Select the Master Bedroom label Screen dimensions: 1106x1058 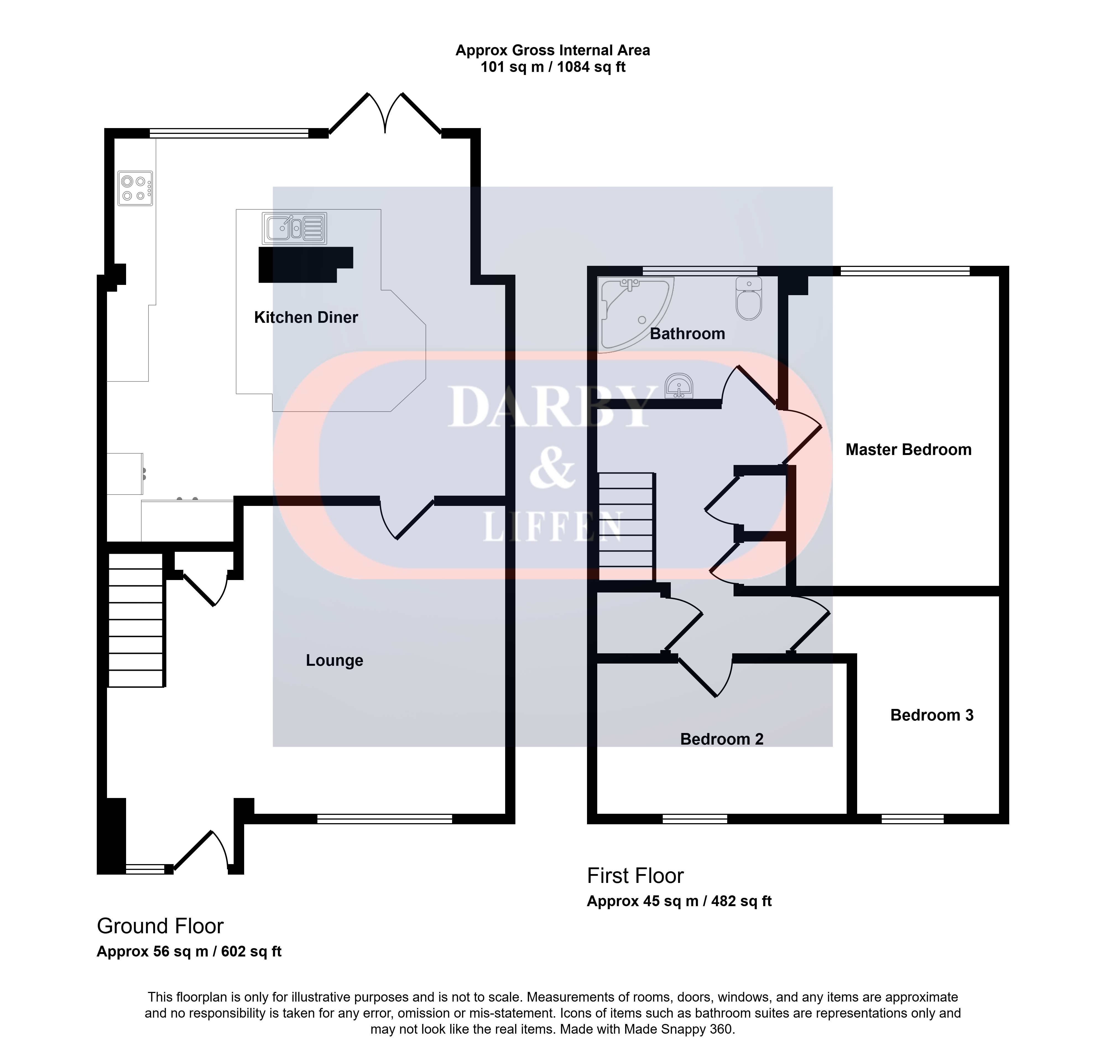click(908, 449)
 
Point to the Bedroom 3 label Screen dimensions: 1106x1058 click(931, 715)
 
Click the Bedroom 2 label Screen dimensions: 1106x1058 click(722, 739)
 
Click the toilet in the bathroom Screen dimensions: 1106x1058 click(748, 298)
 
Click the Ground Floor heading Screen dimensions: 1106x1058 click(160, 926)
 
